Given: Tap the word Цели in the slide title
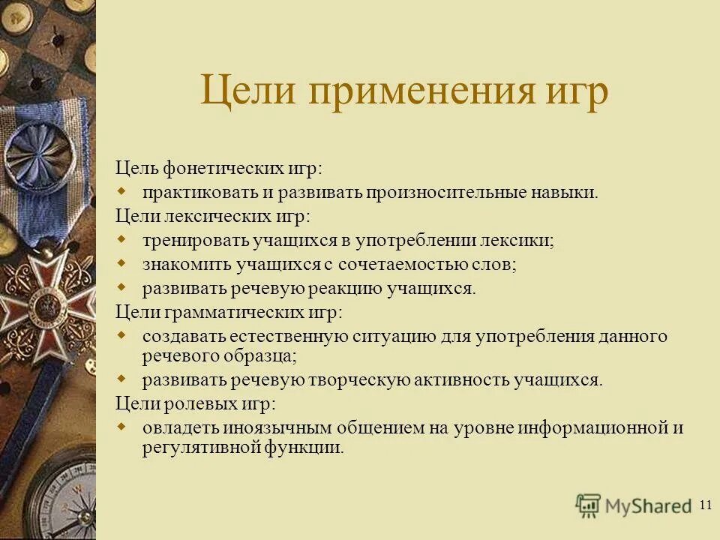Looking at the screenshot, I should click(245, 95).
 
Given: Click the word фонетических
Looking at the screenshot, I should click(210, 169).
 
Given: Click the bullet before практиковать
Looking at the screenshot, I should click(124, 192).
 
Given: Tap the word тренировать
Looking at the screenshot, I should click(188, 241).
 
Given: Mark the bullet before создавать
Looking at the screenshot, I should click(124, 335).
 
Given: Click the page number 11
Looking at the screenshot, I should click(704, 504).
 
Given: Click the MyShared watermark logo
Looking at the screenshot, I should click(633, 505).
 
